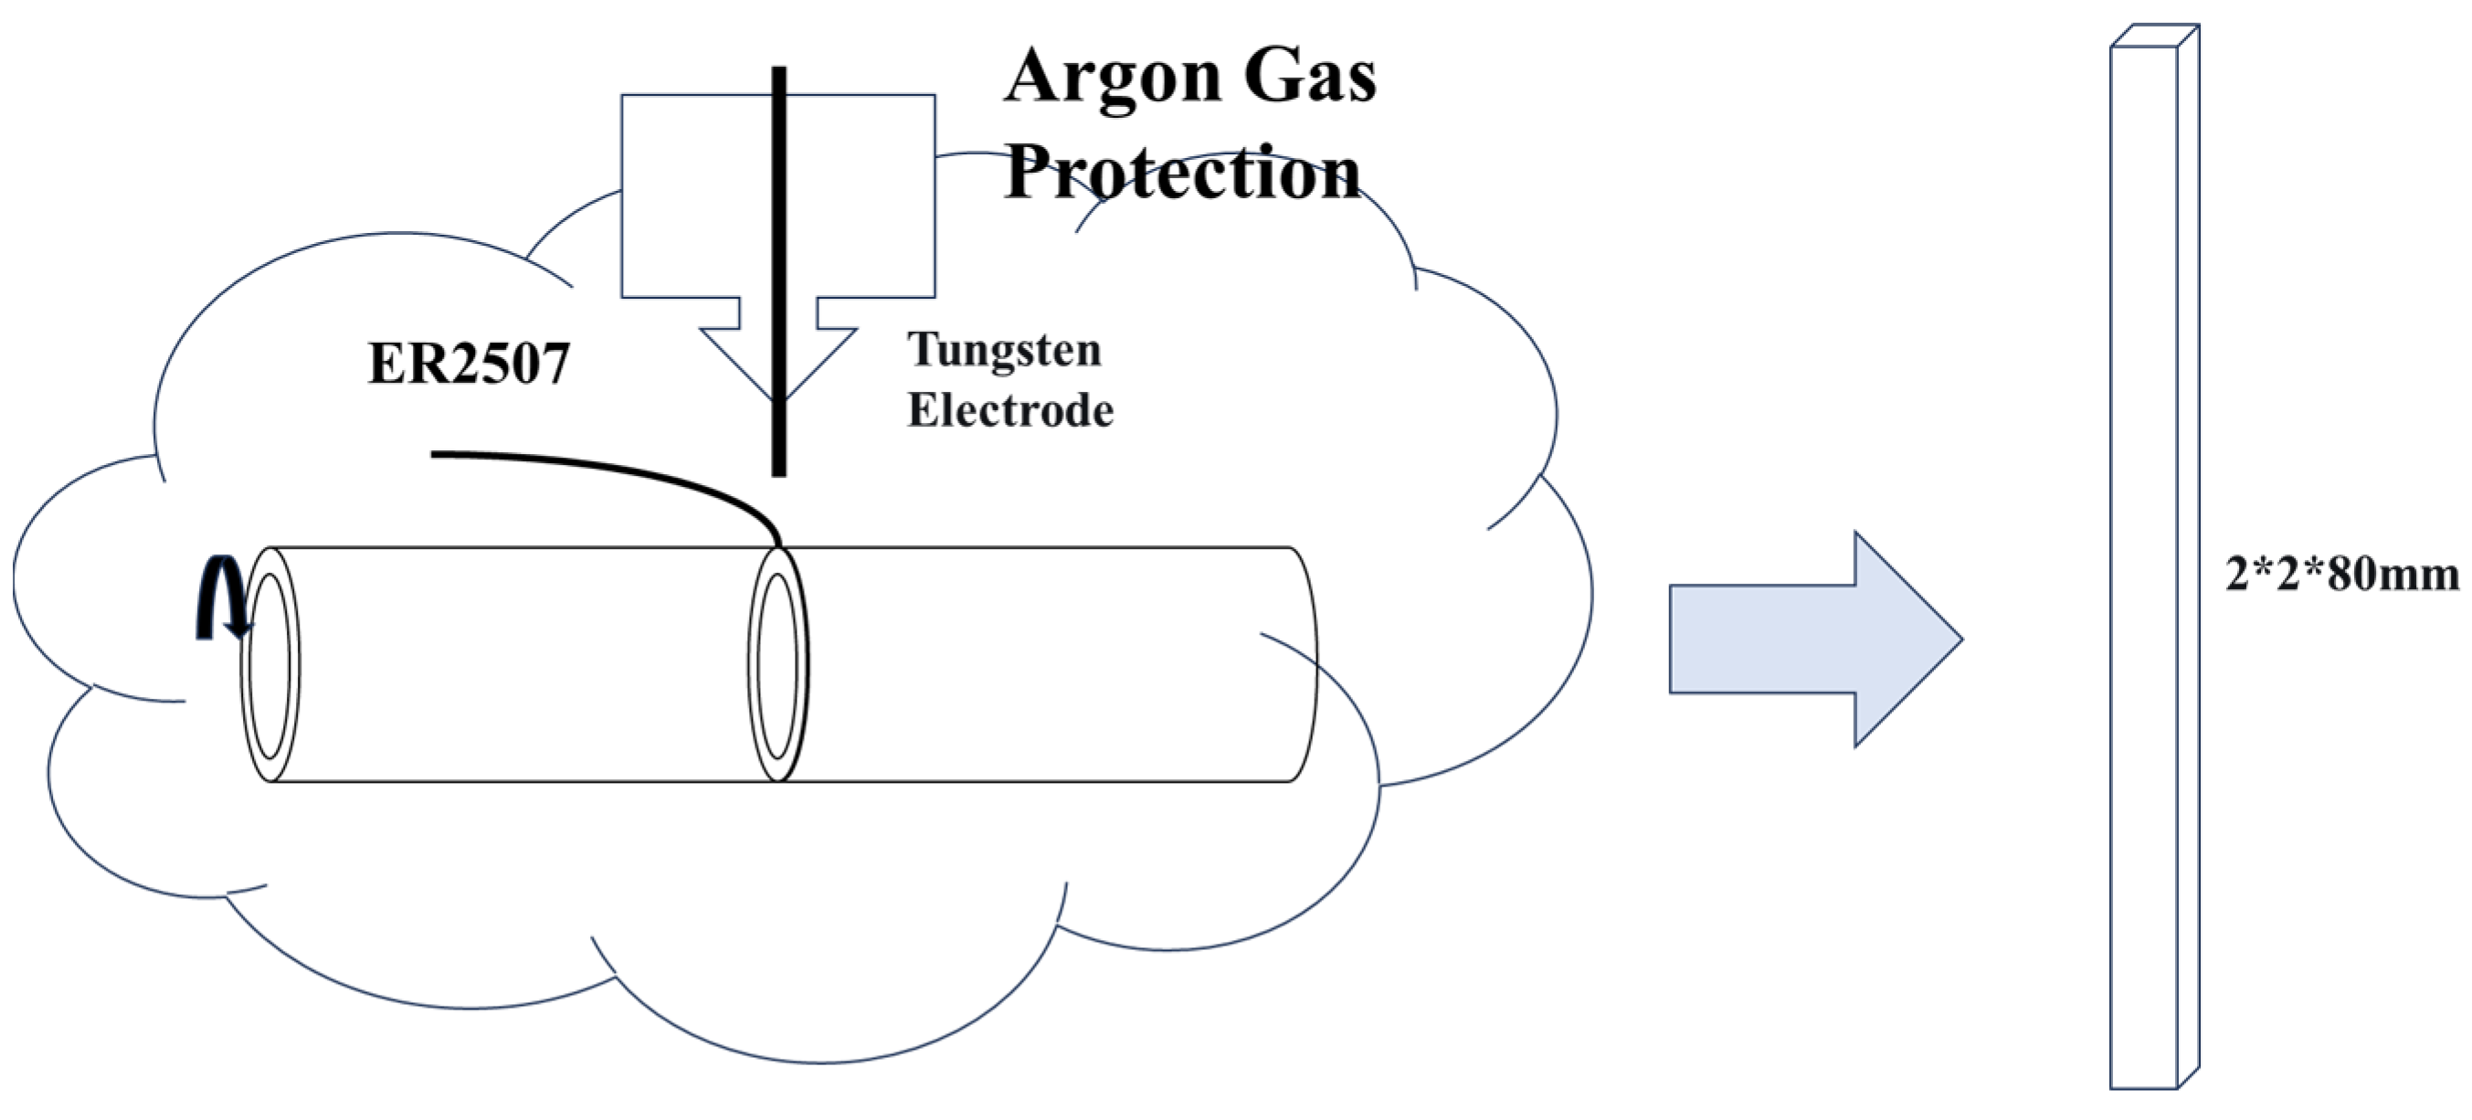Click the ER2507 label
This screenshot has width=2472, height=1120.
(469, 365)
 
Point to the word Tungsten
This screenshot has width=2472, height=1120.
(1005, 349)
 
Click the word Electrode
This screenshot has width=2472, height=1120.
(1010, 411)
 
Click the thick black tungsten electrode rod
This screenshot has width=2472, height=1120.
(779, 240)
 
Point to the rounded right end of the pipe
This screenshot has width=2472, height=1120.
(1305, 664)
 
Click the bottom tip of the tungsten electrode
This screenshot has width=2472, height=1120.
(779, 473)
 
